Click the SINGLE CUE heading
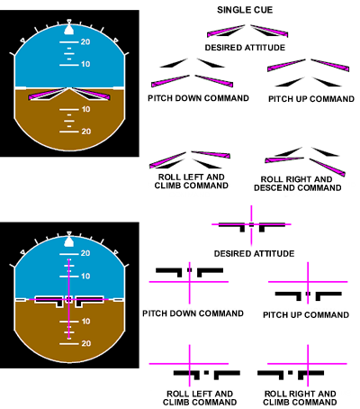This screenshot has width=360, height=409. [245, 10]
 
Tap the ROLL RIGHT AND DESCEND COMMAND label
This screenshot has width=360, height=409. [297, 184]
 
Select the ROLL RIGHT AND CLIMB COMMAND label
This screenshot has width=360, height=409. [300, 398]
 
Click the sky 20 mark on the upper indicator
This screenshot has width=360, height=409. [85, 41]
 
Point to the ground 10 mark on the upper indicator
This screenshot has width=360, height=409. [85, 109]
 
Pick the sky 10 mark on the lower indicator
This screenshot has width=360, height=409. [85, 276]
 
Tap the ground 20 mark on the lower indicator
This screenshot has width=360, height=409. [85, 343]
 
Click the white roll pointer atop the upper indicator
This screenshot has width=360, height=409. [69, 29]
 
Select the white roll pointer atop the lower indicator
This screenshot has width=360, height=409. [69, 241]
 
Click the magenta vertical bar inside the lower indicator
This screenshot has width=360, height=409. [69, 299]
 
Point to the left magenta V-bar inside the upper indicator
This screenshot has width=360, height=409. [48, 94]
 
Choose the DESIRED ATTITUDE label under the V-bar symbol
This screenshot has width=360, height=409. [245, 48]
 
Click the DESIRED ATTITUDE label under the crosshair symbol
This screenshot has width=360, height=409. [254, 254]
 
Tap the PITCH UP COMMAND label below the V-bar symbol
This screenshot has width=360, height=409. [311, 99]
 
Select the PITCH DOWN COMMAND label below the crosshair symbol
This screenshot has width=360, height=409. [193, 314]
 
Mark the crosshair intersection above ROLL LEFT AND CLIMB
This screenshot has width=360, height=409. [190, 364]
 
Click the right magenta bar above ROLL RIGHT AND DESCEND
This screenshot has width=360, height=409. [327, 167]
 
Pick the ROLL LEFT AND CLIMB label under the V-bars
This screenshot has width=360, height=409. [192, 181]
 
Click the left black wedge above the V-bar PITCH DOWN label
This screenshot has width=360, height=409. [174, 63]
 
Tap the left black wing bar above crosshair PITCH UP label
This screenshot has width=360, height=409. [288, 295]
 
